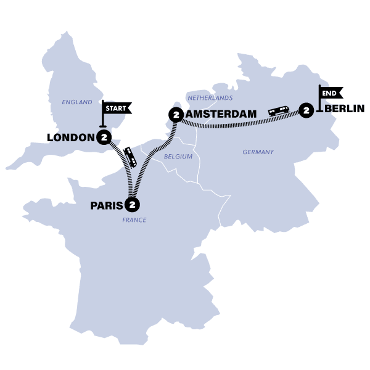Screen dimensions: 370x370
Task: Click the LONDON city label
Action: coord(70,137)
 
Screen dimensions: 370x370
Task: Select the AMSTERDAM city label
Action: coord(221,115)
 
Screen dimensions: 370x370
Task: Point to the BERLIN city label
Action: coord(344,110)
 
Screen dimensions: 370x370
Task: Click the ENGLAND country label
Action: coord(76,102)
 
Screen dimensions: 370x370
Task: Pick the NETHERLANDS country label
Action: coord(210,98)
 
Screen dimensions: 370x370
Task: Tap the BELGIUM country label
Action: coord(178,157)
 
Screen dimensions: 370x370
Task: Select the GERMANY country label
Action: coord(258,152)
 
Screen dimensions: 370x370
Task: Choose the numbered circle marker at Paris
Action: coord(131,205)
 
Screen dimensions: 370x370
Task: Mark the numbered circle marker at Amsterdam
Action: coord(176,115)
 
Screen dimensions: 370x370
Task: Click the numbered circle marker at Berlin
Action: coord(305,110)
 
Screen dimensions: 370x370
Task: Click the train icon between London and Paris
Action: coord(131,157)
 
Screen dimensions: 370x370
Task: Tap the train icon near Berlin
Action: coord(279,111)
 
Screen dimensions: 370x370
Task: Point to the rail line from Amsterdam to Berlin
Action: coord(234,125)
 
